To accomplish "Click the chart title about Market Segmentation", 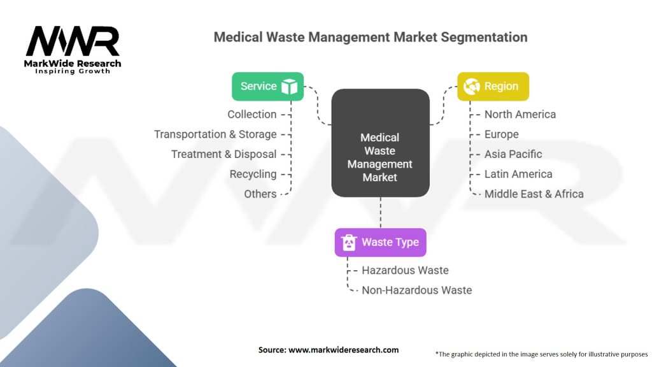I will (x=370, y=37).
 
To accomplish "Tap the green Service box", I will (x=267, y=87).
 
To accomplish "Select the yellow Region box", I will (x=493, y=87).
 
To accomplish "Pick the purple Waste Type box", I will (x=380, y=242).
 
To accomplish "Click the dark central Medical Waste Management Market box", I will (x=380, y=143).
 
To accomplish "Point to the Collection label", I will (x=252, y=115).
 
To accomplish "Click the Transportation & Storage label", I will (x=215, y=134).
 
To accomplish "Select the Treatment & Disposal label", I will (x=223, y=154).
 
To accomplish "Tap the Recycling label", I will (x=253, y=174).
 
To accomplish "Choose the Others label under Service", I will (x=260, y=194).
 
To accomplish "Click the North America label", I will (x=520, y=115).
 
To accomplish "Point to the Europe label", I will (x=501, y=134).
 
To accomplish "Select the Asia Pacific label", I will (x=513, y=154).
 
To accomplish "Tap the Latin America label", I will (x=518, y=174).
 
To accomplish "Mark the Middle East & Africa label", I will (x=534, y=194).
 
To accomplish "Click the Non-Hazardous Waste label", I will (x=416, y=290).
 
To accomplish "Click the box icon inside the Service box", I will (x=290, y=87).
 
